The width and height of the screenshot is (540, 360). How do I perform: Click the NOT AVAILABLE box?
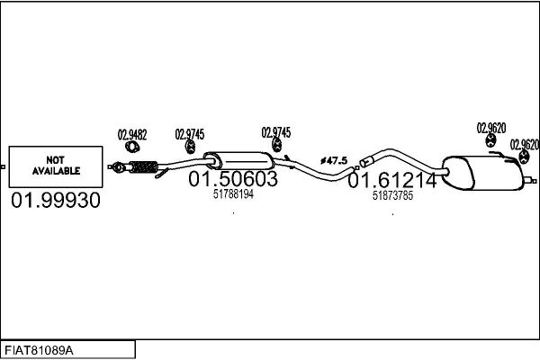coord(56,166)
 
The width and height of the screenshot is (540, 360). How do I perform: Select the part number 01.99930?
coord(56,200)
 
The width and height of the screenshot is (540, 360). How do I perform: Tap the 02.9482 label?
coord(132,135)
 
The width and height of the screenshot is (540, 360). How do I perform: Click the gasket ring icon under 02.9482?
coord(132,147)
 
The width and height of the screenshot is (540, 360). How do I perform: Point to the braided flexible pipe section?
coord(144,167)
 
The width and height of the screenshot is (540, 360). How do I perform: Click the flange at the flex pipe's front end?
coord(118,167)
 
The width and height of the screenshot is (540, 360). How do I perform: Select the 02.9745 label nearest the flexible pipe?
coord(190,134)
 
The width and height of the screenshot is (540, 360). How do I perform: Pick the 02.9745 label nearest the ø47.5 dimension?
coord(276,132)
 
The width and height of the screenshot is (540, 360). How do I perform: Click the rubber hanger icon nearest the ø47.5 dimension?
coord(276,145)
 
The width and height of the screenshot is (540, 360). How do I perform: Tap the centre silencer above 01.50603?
coord(239,161)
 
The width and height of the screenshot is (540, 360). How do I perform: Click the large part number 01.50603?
coord(233,179)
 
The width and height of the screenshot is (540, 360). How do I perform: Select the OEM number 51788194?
coord(233,194)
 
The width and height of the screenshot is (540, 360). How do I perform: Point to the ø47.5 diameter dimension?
coord(334,160)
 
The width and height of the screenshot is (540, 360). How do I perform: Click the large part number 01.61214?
coord(392,181)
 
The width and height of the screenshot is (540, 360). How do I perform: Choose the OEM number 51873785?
coord(392,195)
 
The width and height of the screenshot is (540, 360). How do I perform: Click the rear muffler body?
coord(482,173)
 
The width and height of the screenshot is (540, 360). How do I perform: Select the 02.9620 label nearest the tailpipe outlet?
coord(525,145)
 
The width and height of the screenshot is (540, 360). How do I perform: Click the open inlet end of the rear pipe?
coord(364,162)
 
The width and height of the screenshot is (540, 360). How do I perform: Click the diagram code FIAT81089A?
coord(39,351)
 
